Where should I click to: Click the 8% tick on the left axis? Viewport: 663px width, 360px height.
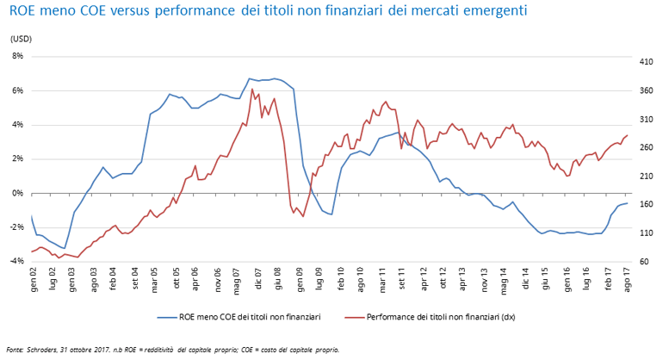point(16,56)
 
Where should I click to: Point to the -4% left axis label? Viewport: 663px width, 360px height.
point(15,261)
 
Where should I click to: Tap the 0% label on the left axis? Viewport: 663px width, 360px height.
point(16,193)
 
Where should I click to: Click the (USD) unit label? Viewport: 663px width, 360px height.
point(21,39)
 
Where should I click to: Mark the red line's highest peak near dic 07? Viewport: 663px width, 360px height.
point(252,89)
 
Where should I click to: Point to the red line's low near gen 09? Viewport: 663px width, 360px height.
point(302,216)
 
